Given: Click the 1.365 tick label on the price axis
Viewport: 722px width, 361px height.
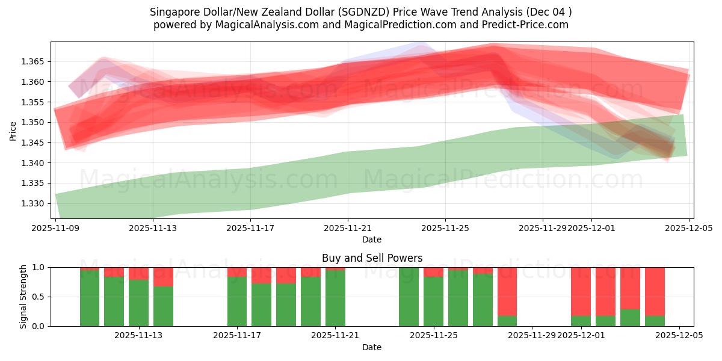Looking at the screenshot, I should tap(34, 62).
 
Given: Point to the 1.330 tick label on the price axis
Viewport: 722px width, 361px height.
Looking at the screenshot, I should tap(34, 203).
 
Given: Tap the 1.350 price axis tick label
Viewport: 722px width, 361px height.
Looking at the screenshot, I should tap(34, 123).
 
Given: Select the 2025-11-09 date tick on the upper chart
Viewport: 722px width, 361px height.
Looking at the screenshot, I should tap(56, 228).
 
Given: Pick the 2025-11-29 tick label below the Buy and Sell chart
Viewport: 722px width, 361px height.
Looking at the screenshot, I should tap(532, 336).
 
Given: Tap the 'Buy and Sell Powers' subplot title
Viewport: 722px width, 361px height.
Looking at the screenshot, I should tap(372, 258).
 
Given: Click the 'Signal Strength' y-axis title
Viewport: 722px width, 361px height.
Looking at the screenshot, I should tap(23, 297).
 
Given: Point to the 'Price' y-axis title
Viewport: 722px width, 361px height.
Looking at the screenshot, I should tap(13, 130).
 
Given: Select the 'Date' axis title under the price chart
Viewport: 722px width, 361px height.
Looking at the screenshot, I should tap(372, 239).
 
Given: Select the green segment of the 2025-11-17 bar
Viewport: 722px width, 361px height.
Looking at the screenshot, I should tap(237, 301).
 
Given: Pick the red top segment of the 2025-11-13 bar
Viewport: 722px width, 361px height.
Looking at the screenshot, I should tap(163, 277).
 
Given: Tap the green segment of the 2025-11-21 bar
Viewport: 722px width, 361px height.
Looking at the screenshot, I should tap(335, 298).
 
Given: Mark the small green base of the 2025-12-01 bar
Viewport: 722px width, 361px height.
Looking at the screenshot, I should tap(581, 321).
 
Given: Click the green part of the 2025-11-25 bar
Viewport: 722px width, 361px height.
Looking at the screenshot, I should tap(433, 301).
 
